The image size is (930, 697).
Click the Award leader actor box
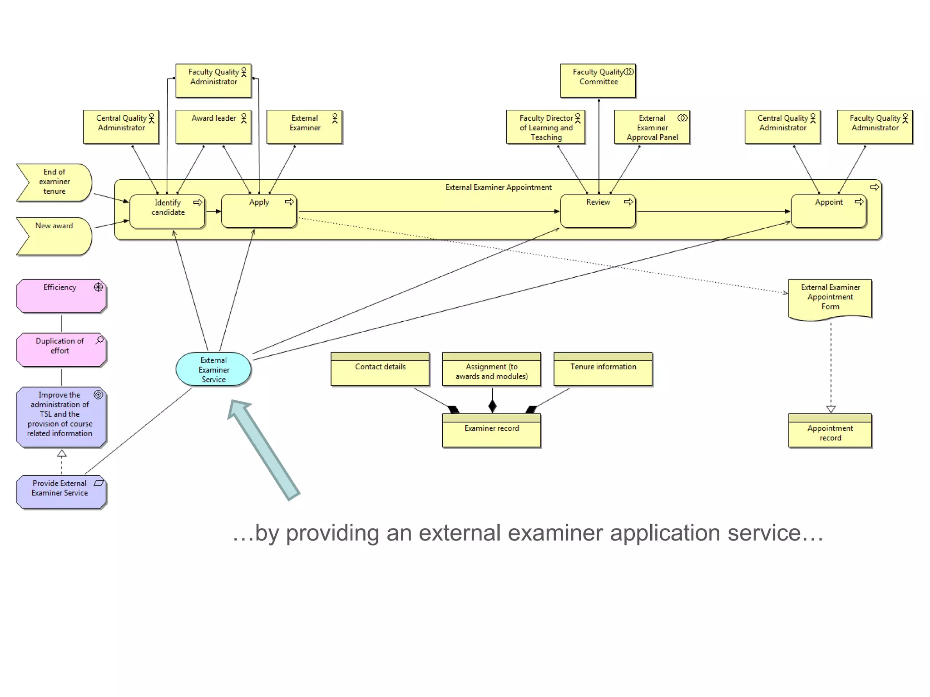coord(213,127)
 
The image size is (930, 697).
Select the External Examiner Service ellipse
coord(213,369)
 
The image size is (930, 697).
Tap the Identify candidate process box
coord(168,211)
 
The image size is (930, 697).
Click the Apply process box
coord(259,211)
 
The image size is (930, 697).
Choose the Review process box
coord(598,211)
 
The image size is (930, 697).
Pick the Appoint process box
coord(828,211)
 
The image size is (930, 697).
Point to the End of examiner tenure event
coord(54,182)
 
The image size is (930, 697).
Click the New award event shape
coord(54,236)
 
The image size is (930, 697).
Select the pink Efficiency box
coord(61,296)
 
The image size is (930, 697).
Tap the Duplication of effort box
coord(61,350)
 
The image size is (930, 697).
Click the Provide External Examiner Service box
coord(61,492)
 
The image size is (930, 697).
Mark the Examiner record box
coord(491,431)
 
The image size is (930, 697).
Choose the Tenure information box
coord(603,369)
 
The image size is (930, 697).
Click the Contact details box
coord(380,369)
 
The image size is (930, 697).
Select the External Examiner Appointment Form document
coord(830,298)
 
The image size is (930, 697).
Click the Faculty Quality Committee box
coord(598,81)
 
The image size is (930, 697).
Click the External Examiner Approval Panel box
coord(652,127)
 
